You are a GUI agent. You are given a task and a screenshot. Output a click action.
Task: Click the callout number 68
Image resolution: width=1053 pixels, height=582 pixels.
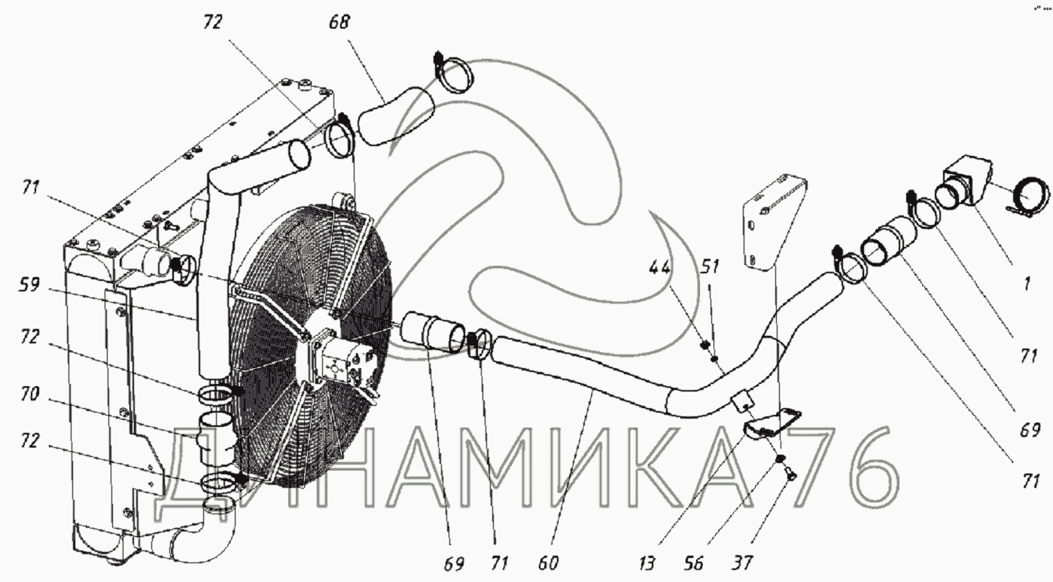tap(339, 22)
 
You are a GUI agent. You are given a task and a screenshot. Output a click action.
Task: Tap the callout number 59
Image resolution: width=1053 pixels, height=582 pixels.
tap(29, 285)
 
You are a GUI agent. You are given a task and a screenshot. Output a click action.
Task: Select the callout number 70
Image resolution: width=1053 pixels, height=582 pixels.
tap(29, 394)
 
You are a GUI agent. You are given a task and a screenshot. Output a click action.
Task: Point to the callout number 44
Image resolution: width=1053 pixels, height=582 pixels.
tap(660, 267)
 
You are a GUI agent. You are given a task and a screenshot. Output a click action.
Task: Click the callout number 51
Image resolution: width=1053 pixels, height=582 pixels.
tap(710, 267)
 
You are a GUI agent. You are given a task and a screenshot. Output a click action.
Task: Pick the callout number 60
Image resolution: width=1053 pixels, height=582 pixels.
tap(548, 563)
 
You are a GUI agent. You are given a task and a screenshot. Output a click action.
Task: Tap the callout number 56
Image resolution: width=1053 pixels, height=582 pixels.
tap(694, 563)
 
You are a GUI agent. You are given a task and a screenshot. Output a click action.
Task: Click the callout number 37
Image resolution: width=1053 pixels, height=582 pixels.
tap(743, 563)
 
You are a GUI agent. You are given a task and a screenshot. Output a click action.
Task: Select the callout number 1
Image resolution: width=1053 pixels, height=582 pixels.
tap(1027, 284)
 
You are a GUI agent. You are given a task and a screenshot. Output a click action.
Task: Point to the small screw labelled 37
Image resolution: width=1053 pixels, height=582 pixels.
tap(789, 477)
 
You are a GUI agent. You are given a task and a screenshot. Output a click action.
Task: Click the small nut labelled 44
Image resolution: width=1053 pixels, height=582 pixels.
tap(705, 346)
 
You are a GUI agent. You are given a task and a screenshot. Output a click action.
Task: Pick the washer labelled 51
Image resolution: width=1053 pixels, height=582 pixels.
tap(714, 358)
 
